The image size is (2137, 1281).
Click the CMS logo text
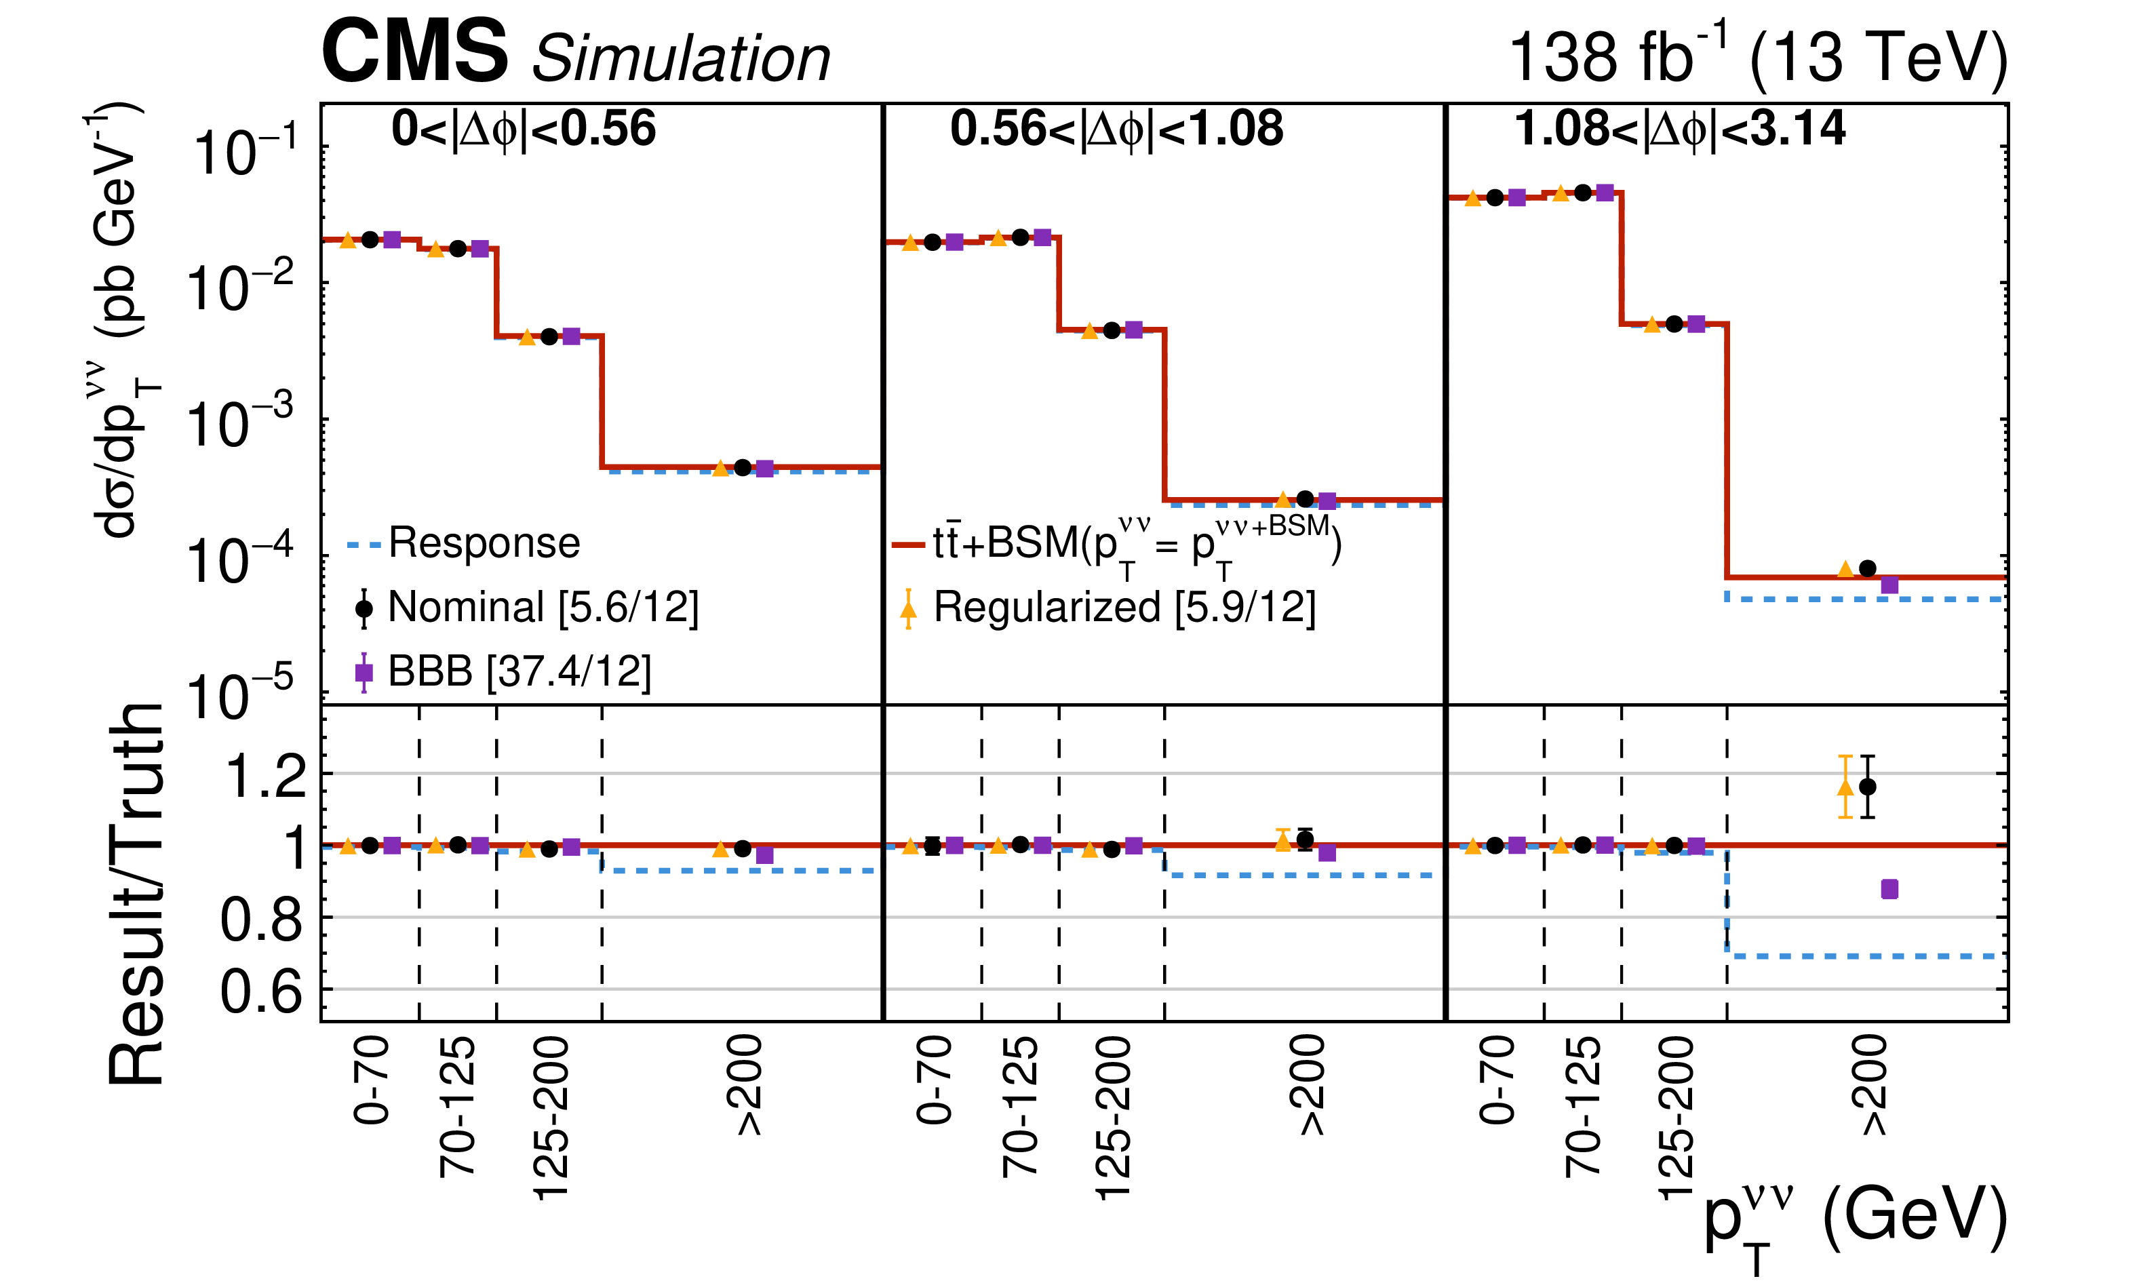[414, 54]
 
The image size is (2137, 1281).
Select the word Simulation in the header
[680, 59]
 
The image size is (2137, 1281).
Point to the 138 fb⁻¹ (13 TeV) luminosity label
[1757, 57]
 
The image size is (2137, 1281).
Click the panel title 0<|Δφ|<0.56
[523, 130]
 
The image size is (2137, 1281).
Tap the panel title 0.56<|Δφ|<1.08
[1116, 130]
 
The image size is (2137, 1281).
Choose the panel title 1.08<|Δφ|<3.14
[1680, 130]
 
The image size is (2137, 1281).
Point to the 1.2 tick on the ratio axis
[266, 775]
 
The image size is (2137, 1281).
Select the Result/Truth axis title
[136, 893]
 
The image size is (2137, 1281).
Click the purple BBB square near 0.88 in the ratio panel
[1889, 889]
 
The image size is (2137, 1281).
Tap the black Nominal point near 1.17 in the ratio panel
[1867, 787]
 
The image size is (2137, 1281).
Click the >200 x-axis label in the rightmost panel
[1873, 1086]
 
